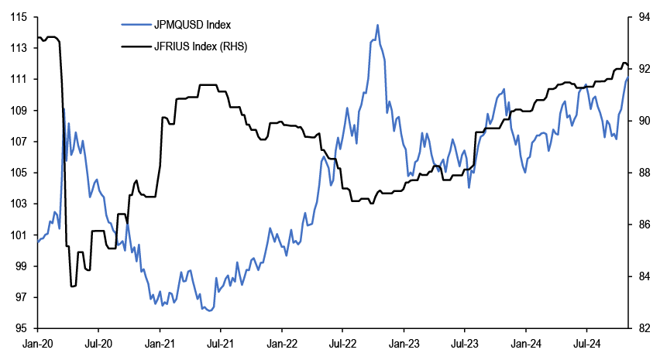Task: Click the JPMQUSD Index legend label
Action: click(187, 26)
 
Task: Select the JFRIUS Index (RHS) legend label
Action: click(201, 46)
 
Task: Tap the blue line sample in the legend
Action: click(136, 26)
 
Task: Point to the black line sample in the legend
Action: click(136, 46)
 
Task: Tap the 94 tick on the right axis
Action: click(641, 17)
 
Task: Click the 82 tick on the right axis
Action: click(641, 328)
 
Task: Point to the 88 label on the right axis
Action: click(641, 173)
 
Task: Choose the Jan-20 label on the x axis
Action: click(37, 342)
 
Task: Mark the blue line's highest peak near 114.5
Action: click(377, 25)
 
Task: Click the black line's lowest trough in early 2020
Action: click(74, 286)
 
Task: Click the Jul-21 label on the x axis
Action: click(220, 342)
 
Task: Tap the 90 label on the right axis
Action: click(641, 121)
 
